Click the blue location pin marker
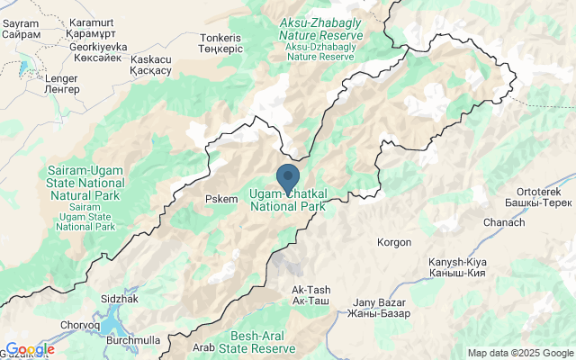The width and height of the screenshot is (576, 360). [x=287, y=177]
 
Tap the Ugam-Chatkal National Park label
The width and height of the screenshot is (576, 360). [x=287, y=199]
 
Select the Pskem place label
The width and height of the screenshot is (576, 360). [x=221, y=199]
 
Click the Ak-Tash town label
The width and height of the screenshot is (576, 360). [x=311, y=295]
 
